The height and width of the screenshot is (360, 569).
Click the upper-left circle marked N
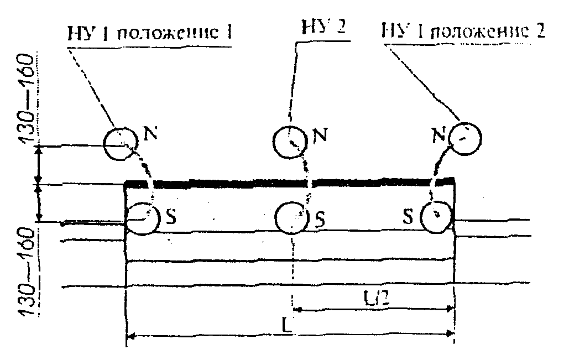[x=119, y=143]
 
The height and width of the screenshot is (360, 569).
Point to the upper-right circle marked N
[x=466, y=137]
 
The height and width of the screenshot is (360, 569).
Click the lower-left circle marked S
[x=143, y=218]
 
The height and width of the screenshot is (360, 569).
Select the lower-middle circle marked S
[x=291, y=218]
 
